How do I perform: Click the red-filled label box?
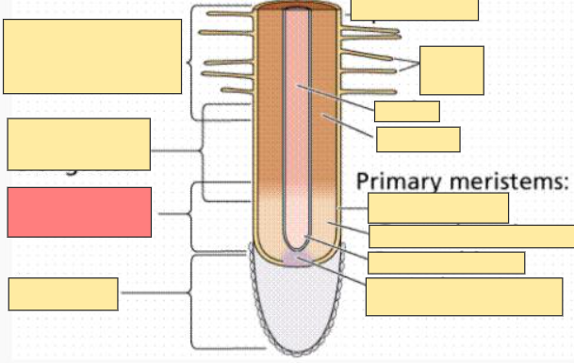(x=79, y=212)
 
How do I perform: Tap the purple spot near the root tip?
(x=296, y=258)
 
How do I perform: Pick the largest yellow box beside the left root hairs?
(x=92, y=56)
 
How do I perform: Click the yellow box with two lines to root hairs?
(x=451, y=70)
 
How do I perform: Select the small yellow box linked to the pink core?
(x=406, y=111)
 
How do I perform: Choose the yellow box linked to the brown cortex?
(x=418, y=139)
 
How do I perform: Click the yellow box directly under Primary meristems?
(x=438, y=207)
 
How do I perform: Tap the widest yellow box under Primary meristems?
(x=471, y=236)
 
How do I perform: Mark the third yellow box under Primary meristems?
(x=446, y=262)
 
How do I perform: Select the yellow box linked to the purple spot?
(x=464, y=296)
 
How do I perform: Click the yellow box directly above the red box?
(x=78, y=144)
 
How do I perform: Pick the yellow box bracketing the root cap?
(x=63, y=293)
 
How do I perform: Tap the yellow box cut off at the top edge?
(x=414, y=9)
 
